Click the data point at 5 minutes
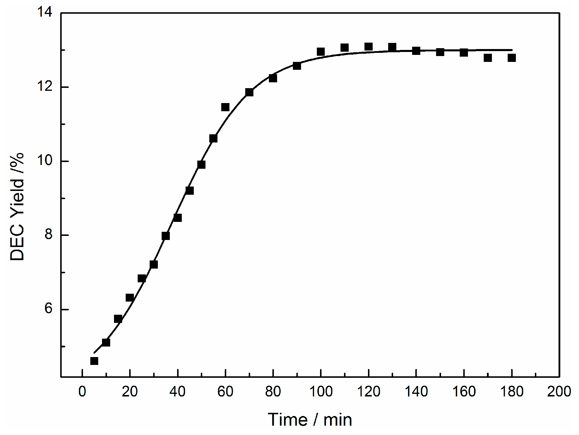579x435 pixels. (94, 361)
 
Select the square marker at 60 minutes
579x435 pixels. (225, 107)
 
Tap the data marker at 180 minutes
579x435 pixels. (512, 58)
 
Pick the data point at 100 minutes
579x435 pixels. (321, 52)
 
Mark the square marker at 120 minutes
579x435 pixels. (369, 47)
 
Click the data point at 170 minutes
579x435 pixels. (488, 58)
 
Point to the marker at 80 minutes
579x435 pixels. (273, 78)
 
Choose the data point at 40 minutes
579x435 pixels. (178, 218)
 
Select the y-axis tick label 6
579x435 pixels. (48, 309)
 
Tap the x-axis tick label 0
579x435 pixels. (82, 392)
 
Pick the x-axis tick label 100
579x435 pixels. (321, 392)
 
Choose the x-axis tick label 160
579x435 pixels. (464, 392)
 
